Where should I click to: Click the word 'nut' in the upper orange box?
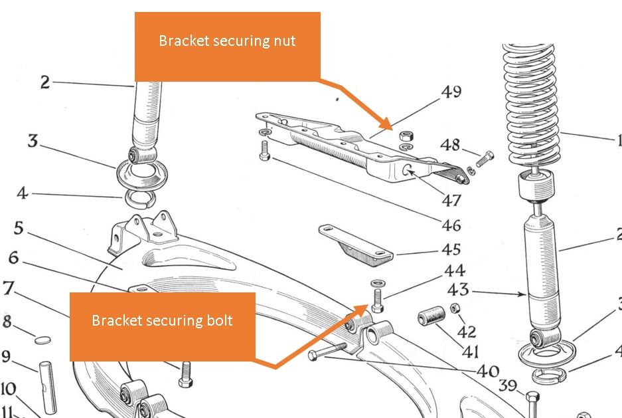coord(285,41)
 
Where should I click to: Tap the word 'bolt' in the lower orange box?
coord(219,320)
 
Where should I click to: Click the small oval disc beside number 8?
coord(42,340)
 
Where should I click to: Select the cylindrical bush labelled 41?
coord(431,318)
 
